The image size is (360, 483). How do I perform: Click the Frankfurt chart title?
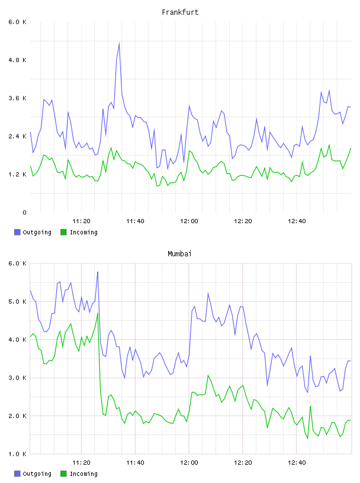[180, 12]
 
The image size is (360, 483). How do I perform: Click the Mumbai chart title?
[179, 254]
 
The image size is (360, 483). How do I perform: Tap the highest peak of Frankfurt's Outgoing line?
[119, 43]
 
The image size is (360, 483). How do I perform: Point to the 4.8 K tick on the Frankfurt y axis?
[17, 60]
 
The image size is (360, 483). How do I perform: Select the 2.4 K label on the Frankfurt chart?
[17, 136]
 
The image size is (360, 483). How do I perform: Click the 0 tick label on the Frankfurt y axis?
[24, 212]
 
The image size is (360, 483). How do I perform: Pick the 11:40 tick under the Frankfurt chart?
[135, 221]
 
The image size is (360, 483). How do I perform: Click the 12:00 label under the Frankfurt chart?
[189, 221]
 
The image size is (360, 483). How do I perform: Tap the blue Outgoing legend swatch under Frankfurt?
[17, 232]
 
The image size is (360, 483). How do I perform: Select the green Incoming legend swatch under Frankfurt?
[63, 232]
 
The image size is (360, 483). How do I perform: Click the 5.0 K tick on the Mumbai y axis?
[17, 301]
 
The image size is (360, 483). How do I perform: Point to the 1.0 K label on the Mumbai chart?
[17, 454]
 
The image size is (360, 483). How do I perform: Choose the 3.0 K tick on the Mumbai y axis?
[17, 378]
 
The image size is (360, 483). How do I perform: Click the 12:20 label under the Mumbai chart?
[243, 463]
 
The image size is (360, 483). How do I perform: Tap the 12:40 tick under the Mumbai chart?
[297, 463]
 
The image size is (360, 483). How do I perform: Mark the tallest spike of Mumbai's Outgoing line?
[98, 272]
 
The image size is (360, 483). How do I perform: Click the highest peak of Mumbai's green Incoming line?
[98, 313]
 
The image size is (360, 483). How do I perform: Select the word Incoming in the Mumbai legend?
[83, 474]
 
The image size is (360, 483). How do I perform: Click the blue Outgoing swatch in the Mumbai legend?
[17, 474]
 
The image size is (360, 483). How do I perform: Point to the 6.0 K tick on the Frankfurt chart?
[17, 22]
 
